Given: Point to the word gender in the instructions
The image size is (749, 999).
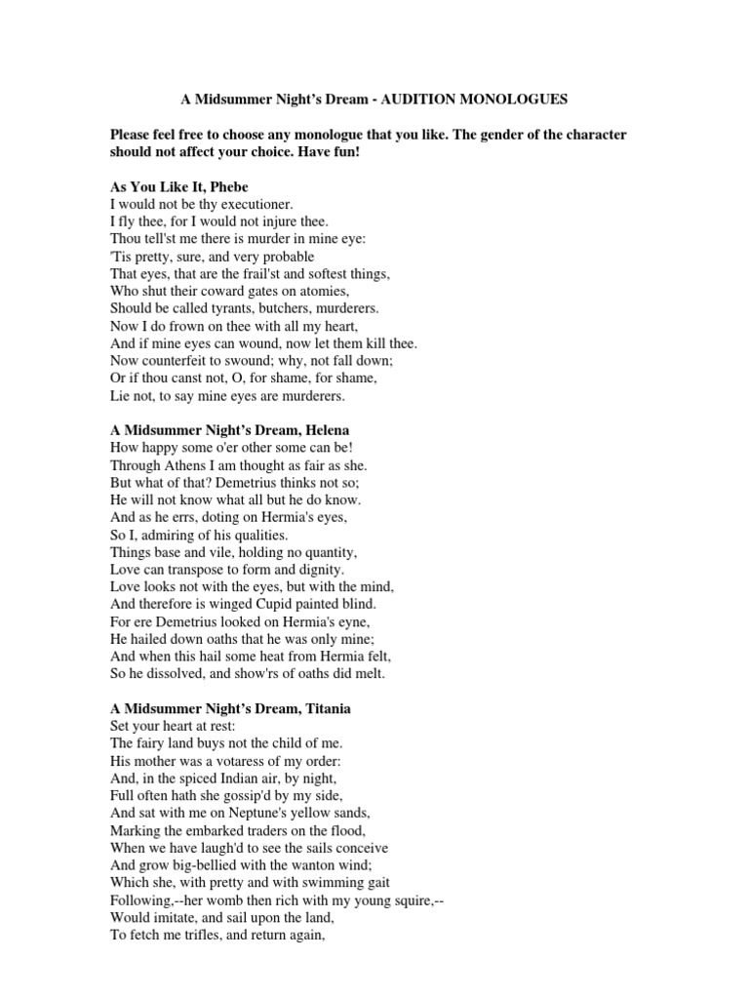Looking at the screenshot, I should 487,134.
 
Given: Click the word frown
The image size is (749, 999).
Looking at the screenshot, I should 180,326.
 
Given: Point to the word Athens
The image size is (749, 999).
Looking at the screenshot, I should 181,464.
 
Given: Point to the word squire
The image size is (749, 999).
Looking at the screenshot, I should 409,899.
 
